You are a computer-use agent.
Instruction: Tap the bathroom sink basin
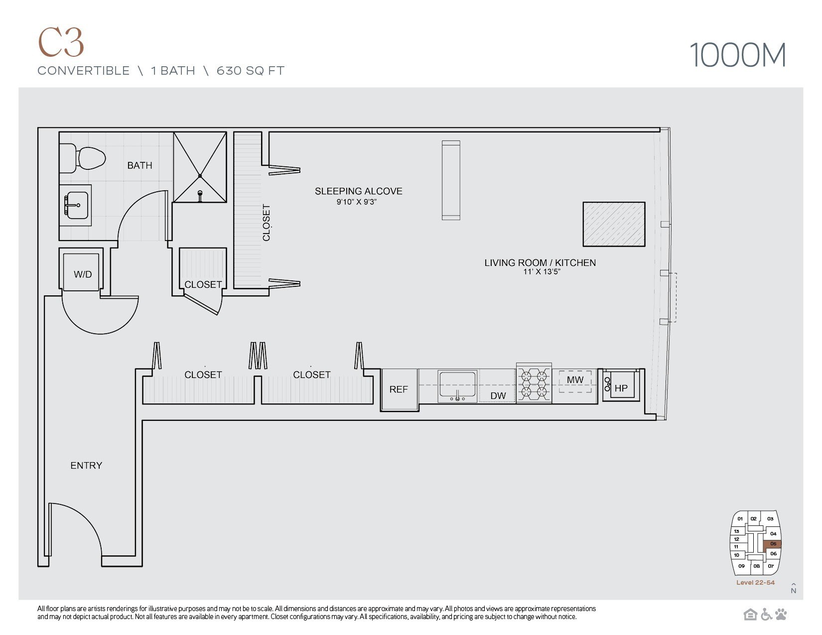tap(76, 205)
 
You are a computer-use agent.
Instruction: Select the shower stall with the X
tap(200, 167)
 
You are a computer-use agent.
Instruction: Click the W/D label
tap(83, 274)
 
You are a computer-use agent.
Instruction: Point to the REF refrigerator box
tap(399, 389)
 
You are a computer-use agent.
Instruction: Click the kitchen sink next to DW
tap(457, 386)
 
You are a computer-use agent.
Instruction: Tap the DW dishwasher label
tap(498, 396)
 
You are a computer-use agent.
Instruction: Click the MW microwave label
tap(575, 380)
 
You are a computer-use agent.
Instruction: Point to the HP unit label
tap(621, 388)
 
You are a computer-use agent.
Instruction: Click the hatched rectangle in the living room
tap(614, 224)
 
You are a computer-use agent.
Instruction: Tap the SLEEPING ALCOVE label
tap(358, 191)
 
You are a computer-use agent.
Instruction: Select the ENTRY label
tap(86, 466)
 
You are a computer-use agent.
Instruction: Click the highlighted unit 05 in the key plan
tap(773, 544)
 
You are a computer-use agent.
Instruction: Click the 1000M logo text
tap(737, 55)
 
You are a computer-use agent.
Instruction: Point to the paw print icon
tap(781, 615)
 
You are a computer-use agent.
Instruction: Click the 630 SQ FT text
tap(250, 71)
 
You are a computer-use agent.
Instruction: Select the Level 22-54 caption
tap(755, 583)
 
